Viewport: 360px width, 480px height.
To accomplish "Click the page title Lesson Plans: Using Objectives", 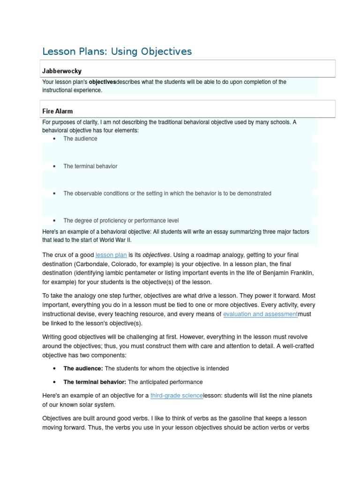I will coord(117,51).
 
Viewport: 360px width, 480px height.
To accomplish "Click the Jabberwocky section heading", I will coord(61,71).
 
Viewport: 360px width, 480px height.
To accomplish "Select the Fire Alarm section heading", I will coord(57,112).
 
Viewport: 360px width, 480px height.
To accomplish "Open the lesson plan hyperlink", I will coord(111,255).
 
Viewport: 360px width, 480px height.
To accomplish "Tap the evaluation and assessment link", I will coord(260,314).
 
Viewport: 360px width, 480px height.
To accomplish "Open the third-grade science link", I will coord(177,396).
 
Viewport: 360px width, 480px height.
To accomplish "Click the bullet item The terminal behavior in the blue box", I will coord(90,166).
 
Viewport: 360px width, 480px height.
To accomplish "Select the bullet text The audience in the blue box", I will coord(80,139).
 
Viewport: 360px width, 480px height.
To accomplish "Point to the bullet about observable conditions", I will coord(167,194).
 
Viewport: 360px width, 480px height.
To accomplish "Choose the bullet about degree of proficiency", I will coord(120,221).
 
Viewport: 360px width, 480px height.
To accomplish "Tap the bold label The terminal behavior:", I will coord(95,382).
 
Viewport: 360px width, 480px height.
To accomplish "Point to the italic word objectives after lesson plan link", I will coord(156,255).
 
